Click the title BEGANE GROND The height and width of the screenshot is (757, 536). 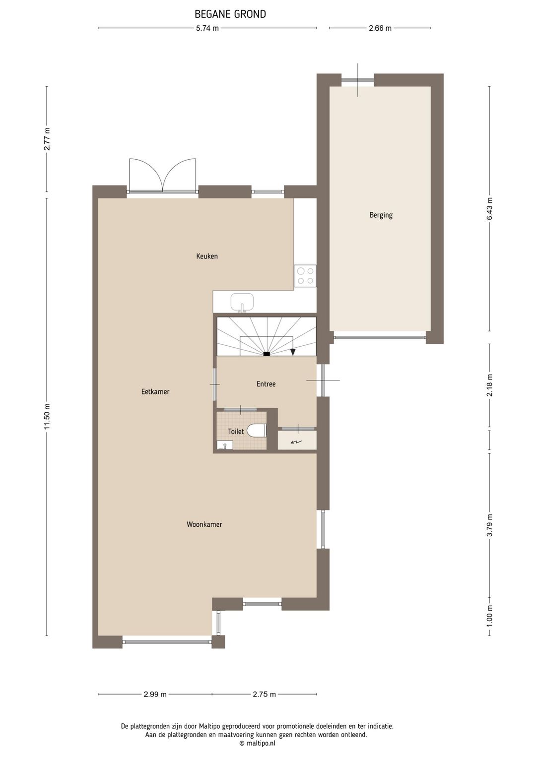230,14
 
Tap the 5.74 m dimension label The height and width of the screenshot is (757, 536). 207,28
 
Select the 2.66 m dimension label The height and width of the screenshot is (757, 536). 380,28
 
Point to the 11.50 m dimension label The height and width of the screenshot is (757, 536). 47,417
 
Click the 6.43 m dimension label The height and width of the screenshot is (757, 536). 490,209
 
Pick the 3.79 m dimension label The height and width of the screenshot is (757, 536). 490,525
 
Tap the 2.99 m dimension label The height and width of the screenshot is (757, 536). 155,694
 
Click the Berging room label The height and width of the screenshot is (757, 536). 381,215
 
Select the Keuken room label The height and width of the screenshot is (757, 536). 207,256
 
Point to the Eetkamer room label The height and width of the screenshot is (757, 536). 155,392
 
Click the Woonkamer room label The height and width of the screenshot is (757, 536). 204,524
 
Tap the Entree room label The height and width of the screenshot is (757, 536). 266,384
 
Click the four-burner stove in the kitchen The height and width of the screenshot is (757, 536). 305,276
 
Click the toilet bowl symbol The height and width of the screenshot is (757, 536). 258,431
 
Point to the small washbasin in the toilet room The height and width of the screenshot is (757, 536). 225,445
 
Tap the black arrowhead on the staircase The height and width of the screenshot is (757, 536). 293,352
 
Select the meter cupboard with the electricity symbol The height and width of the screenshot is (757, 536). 297,441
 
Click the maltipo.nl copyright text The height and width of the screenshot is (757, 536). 257,743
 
